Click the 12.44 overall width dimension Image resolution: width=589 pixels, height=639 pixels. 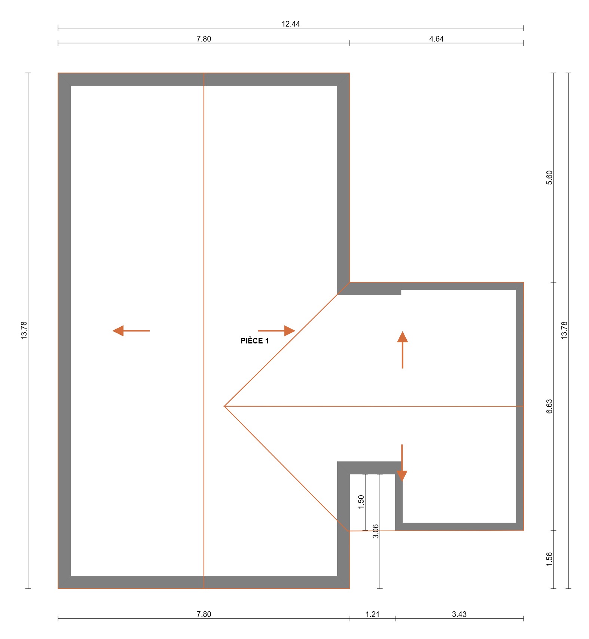[x=290, y=24]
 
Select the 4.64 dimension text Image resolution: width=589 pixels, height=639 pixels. [x=436, y=39]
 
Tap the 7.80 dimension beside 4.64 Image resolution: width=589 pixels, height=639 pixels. [x=204, y=39]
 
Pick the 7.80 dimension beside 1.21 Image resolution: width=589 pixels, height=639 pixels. [x=204, y=614]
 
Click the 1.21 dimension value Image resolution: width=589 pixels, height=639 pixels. [x=372, y=614]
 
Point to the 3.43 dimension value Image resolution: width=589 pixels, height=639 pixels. [x=459, y=614]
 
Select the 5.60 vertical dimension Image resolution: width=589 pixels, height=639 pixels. [x=549, y=178]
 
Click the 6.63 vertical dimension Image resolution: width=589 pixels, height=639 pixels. [x=549, y=406]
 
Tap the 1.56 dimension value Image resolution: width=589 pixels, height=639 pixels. [x=549, y=559]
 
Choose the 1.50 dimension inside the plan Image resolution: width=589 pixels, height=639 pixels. [x=361, y=502]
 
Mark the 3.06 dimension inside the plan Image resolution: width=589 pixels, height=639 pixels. [x=376, y=531]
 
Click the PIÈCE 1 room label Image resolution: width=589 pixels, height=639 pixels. [x=254, y=341]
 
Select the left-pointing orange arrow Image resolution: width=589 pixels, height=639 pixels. [x=131, y=331]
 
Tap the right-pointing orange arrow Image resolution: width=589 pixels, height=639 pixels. [x=277, y=331]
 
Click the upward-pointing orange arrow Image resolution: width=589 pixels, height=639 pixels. [x=402, y=350]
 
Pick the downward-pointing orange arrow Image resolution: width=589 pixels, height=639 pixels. [x=402, y=463]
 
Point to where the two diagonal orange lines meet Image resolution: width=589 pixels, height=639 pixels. [x=224, y=406]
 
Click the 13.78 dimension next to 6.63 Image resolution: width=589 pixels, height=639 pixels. [x=564, y=331]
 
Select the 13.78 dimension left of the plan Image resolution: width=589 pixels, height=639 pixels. [x=24, y=331]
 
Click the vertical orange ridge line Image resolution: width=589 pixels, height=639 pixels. [x=204, y=331]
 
